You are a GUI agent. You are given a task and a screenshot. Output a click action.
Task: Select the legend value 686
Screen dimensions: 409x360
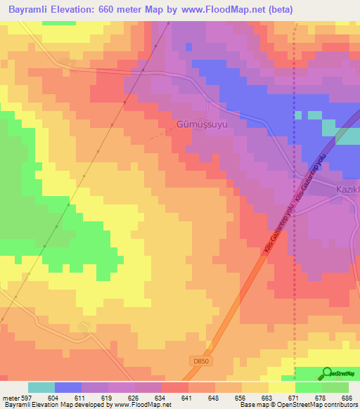(x=347, y=397)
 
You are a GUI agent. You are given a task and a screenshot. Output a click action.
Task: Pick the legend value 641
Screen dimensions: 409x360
(x=187, y=397)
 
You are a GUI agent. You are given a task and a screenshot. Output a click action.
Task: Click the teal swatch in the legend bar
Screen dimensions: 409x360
(x=41, y=387)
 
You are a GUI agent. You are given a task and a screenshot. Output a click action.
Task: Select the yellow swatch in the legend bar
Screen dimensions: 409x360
(x=281, y=387)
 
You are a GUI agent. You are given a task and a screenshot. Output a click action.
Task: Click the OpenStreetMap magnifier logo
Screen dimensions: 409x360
(x=326, y=374)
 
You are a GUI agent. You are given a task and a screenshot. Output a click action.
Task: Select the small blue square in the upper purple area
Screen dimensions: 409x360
(x=188, y=46)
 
